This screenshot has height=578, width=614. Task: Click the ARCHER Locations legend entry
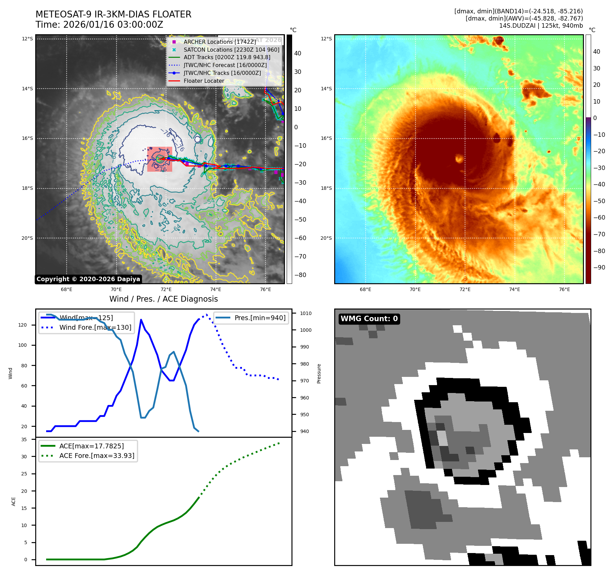tap(219, 42)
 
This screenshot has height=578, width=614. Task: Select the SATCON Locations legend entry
tap(231, 50)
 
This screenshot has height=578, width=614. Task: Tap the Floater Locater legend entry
tap(204, 81)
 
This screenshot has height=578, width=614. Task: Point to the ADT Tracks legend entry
tap(227, 57)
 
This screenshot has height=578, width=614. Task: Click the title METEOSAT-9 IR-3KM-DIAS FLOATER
tap(113, 14)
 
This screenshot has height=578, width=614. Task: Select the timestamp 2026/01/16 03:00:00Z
tap(113, 25)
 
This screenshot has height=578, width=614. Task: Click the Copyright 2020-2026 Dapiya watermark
tap(88, 279)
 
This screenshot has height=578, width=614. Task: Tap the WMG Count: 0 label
tap(369, 319)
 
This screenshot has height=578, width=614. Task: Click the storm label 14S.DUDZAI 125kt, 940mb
tap(541, 26)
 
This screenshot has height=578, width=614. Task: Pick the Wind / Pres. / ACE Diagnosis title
tap(163, 299)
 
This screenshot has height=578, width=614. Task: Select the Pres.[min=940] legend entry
tap(260, 318)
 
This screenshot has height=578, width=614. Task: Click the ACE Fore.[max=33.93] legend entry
tap(97, 456)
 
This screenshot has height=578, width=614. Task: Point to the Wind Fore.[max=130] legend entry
tap(95, 327)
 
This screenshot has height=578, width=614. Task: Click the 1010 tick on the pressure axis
tap(306, 313)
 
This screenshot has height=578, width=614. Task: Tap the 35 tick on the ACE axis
tap(24, 439)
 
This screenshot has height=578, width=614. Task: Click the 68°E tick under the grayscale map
tap(67, 289)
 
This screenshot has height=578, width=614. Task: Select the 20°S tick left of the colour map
tap(326, 238)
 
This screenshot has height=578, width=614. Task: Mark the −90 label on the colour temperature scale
tap(599, 267)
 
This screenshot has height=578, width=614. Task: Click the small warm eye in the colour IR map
tap(459, 158)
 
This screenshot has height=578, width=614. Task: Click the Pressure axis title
tap(319, 373)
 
